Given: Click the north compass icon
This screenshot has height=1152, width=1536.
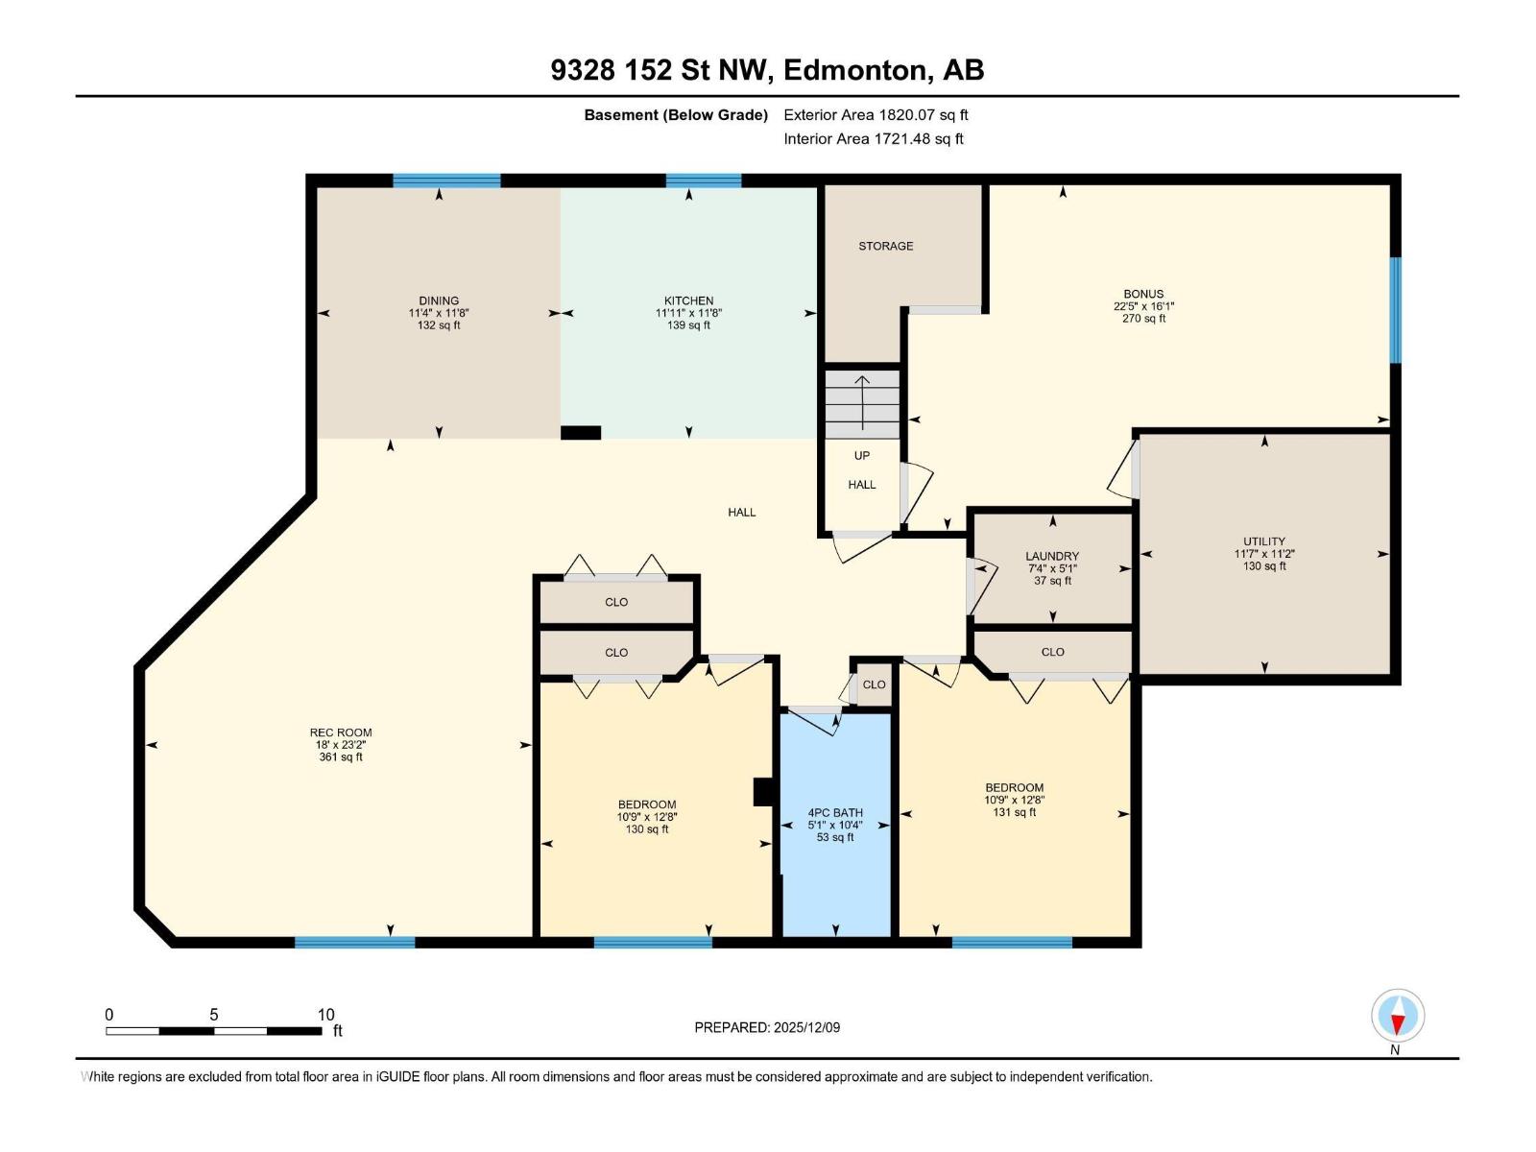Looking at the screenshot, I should point(1398,1016).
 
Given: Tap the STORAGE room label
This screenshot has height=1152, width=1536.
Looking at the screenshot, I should point(885,246).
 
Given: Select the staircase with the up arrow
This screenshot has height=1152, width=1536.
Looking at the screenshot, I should point(862,403).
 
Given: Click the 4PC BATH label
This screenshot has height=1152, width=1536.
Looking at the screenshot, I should point(835,812).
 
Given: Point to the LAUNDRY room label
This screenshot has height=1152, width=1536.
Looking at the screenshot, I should point(1052,556).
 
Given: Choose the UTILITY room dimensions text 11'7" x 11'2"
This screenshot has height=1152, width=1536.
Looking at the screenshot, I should point(1264,554).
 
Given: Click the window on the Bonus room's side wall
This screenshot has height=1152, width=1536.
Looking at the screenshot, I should point(1395,309).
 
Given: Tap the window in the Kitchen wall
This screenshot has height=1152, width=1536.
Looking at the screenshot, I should point(703,180).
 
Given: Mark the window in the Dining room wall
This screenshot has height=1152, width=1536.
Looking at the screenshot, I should point(446,180).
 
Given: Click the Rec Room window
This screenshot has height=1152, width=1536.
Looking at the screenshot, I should point(354,942).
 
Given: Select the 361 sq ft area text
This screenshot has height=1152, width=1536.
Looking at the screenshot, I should point(341,757).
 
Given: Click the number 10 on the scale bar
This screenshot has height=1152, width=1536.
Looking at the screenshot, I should point(325,1015).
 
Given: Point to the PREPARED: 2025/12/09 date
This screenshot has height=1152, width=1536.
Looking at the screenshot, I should point(767,1027).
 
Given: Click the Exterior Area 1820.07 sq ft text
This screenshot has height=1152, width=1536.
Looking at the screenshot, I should point(876,115).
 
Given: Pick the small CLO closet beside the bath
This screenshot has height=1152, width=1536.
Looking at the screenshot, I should point(874,684).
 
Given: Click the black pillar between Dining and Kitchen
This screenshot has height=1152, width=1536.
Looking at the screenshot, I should point(581,433).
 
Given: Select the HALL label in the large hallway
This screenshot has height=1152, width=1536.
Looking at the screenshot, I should point(741,513).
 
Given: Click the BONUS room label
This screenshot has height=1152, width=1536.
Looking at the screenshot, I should point(1143,294).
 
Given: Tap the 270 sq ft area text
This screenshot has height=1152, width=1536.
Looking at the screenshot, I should point(1143,319).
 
